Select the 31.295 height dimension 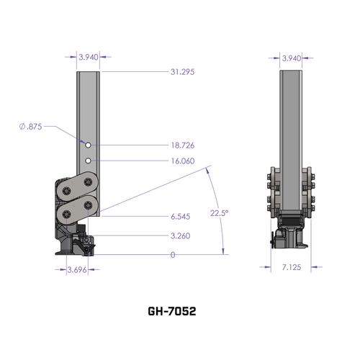(x=184, y=72)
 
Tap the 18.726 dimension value (x=184, y=145)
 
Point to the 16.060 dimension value (x=184, y=161)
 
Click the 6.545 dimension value (x=181, y=215)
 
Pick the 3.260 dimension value (x=181, y=235)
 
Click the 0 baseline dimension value (x=173, y=254)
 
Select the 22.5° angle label (x=220, y=213)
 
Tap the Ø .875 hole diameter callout (x=31, y=126)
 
